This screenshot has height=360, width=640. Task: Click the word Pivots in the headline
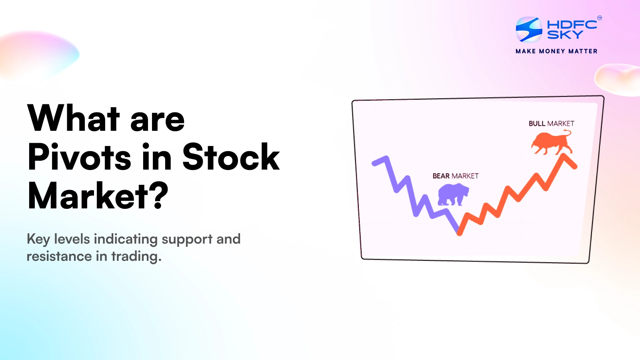[79, 157]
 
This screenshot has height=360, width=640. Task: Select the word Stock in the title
[231, 157]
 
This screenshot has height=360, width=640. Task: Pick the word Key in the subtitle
[38, 240]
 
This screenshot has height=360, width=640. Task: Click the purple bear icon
[453, 194]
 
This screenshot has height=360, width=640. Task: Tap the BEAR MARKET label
[455, 176]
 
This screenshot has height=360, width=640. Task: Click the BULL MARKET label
[551, 124]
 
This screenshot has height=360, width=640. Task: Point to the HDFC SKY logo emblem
[529, 29]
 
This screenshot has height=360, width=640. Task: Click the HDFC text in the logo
[572, 24]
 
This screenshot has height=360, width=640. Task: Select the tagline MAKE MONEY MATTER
[556, 51]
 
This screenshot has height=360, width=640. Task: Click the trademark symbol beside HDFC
[599, 18]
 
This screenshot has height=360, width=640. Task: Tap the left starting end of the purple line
[374, 163]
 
